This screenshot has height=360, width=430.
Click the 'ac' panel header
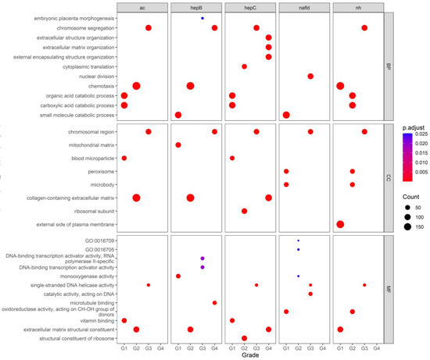click(x=142, y=8)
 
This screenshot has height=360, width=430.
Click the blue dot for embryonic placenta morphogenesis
click(x=202, y=18)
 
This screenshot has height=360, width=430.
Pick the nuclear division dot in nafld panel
click(x=310, y=76)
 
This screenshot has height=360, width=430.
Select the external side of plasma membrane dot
click(x=340, y=202)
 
